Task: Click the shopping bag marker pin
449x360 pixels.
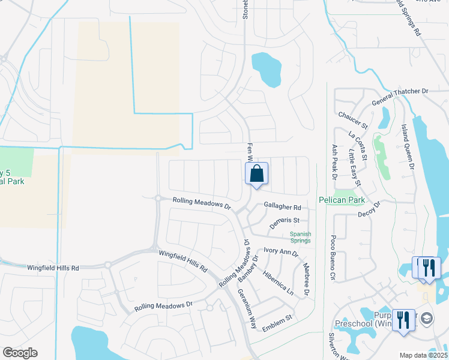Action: [x=256, y=174]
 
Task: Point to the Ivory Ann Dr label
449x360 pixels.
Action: [x=279, y=253]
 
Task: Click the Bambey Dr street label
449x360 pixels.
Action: [x=247, y=268]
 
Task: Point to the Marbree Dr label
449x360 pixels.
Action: [x=306, y=280]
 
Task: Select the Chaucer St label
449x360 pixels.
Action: [x=352, y=115]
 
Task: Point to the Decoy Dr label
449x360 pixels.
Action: [x=369, y=212]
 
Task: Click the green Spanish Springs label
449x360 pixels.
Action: [x=301, y=237]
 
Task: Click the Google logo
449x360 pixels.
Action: [x=20, y=353]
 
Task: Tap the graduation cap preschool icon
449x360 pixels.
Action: [x=426, y=317]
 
